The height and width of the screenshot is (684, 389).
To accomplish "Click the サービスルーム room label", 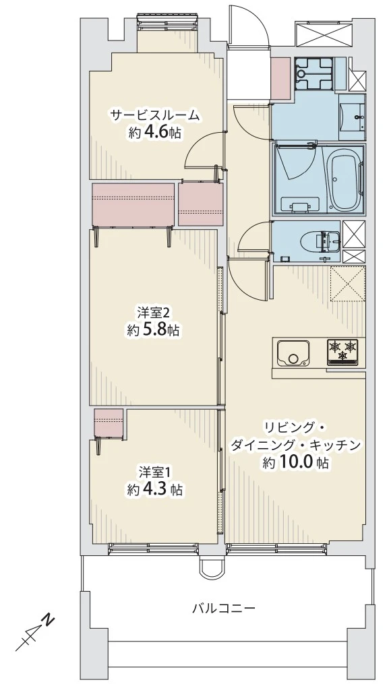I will tap(155, 115).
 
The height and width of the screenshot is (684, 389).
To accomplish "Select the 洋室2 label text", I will tap(152, 313).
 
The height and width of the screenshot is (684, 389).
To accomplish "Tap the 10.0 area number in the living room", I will tap(298, 463).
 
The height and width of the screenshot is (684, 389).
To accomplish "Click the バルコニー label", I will tap(223, 608).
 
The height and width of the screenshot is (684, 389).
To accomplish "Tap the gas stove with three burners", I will tap(342, 351).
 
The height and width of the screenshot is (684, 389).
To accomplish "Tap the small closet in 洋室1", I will tap(109, 423).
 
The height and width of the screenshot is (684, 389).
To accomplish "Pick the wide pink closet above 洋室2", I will tap(133, 204).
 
